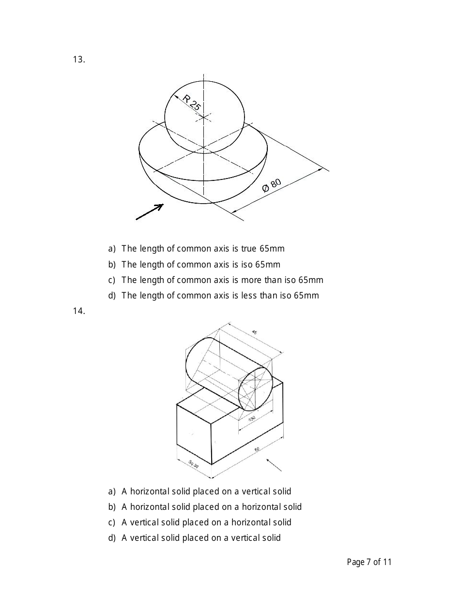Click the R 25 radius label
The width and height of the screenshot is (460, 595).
[x=192, y=103]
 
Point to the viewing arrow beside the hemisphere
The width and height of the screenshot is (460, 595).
[x=150, y=212]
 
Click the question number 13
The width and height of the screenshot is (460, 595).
[x=79, y=59]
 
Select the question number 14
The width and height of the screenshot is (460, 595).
[x=79, y=311]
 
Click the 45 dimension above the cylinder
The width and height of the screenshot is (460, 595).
[x=255, y=332]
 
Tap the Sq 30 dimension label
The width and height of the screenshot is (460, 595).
[x=193, y=464]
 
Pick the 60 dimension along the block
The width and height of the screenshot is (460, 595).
[x=257, y=449]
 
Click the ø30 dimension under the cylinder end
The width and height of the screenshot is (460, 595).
[x=252, y=419]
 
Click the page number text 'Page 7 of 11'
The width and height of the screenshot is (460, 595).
[x=369, y=562]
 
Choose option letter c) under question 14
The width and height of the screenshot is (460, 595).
[x=112, y=522]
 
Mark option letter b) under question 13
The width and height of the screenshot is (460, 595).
[x=112, y=265]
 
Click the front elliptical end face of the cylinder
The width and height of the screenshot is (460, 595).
[x=256, y=389]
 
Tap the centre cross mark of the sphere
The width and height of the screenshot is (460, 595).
[x=204, y=117]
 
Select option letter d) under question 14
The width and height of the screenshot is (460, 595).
[x=112, y=538]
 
